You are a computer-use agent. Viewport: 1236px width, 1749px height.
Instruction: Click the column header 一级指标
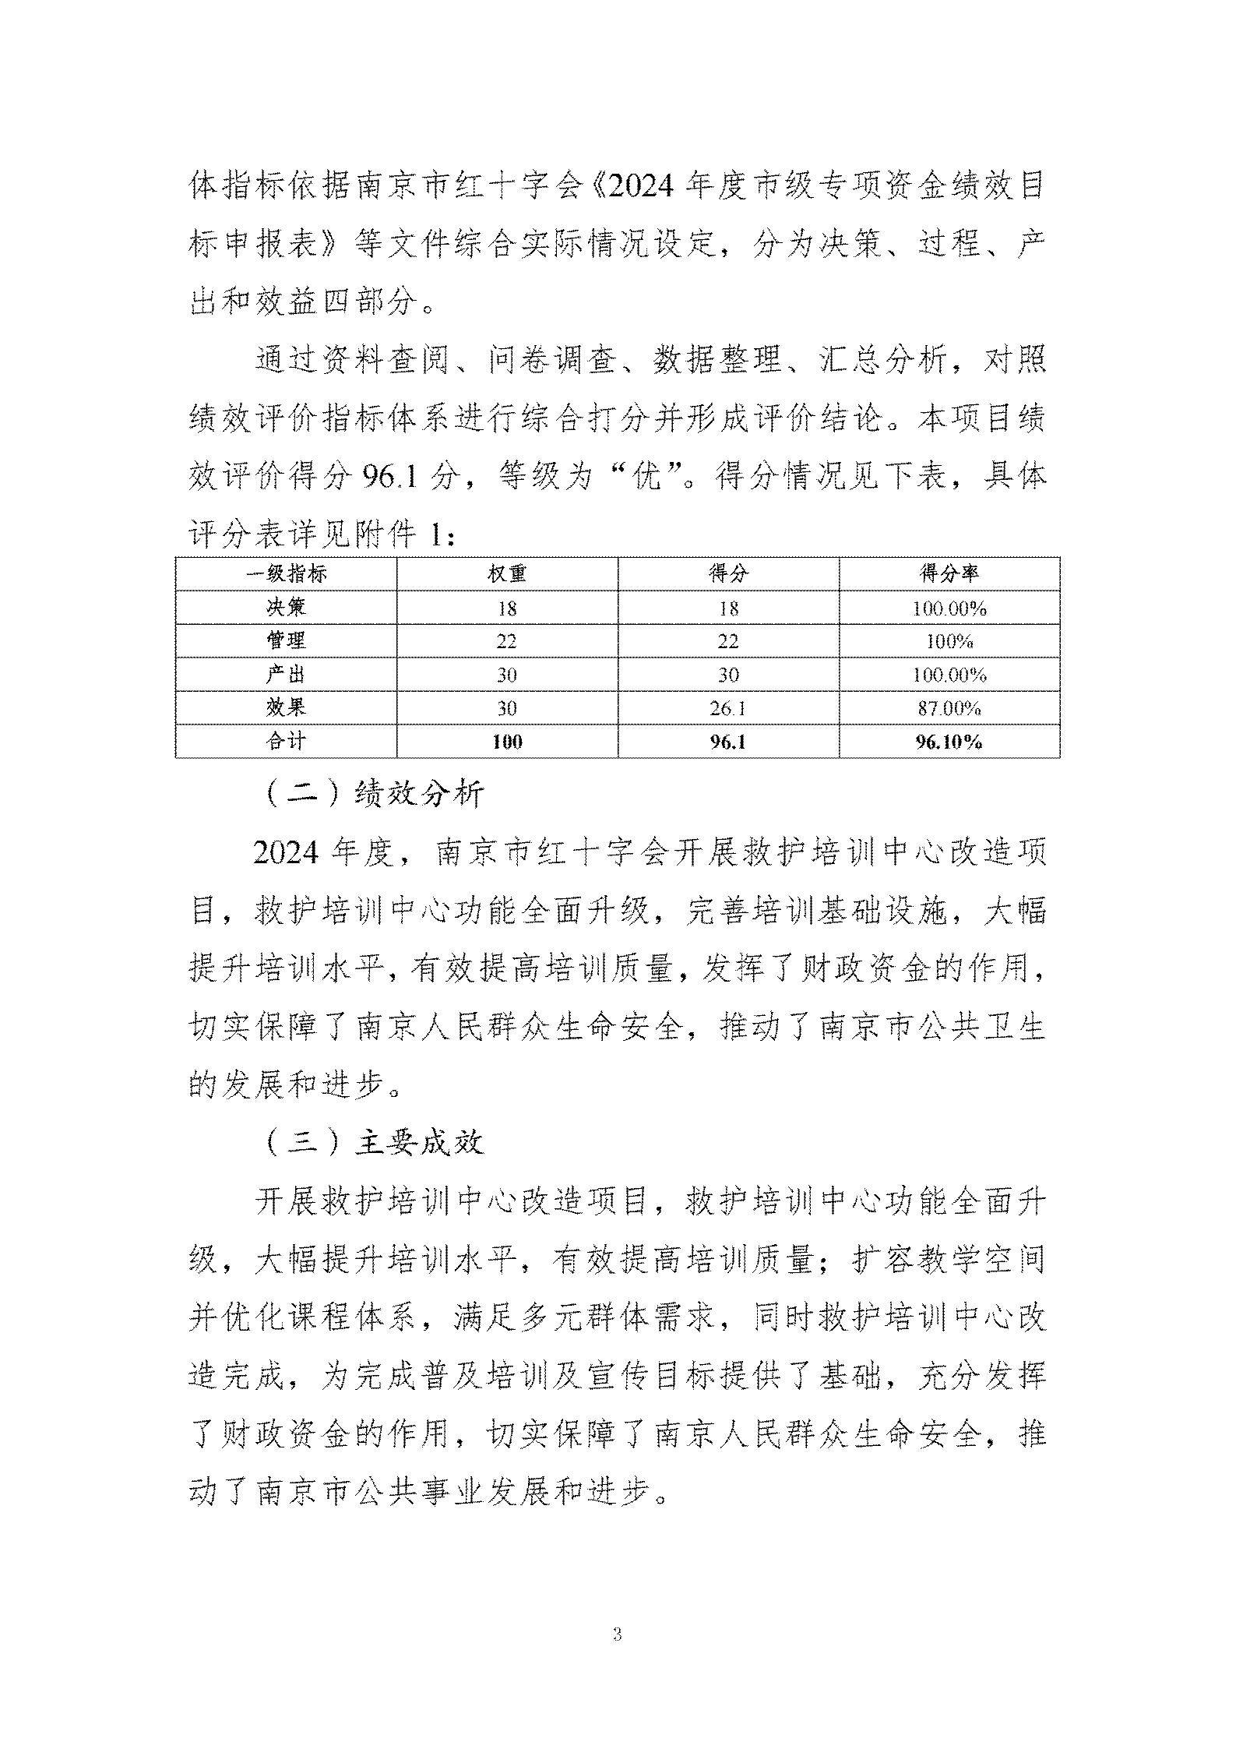click(286, 574)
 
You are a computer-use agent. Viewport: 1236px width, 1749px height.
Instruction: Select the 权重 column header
click(507, 574)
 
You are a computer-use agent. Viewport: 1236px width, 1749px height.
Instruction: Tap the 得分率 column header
click(949, 574)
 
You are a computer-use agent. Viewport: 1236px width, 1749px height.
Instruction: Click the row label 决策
click(286, 608)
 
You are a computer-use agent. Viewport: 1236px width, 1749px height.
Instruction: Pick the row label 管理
click(286, 641)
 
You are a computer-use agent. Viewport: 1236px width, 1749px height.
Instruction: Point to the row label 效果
click(286, 707)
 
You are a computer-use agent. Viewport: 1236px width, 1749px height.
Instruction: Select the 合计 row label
click(286, 741)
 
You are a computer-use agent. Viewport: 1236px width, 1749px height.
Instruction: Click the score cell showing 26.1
click(728, 708)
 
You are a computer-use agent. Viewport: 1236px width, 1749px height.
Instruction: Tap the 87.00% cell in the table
click(949, 708)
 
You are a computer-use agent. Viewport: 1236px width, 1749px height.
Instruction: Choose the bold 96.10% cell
click(949, 742)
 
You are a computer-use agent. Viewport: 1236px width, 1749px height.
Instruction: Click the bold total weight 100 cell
click(507, 742)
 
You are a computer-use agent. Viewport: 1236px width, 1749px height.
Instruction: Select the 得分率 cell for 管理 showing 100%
click(949, 642)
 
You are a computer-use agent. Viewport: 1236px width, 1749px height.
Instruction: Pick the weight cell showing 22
click(507, 642)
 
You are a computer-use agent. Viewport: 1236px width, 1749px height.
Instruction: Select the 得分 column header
click(728, 574)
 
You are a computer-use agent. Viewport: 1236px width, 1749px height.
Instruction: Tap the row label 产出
click(286, 675)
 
